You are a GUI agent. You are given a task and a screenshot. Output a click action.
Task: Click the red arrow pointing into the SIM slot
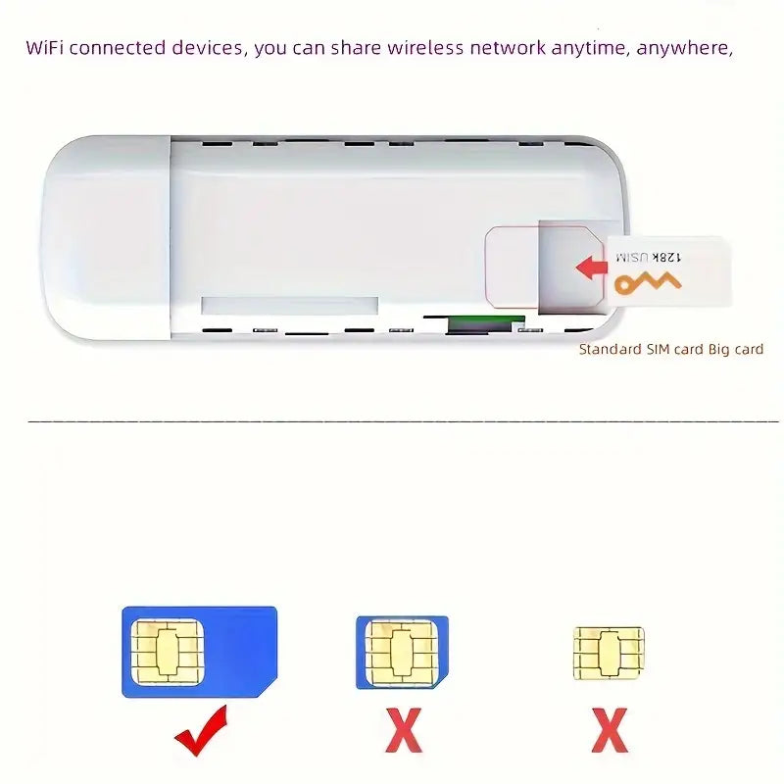click(x=593, y=268)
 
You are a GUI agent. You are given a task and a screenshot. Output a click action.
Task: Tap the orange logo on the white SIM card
click(x=648, y=283)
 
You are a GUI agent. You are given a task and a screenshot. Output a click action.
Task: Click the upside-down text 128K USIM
click(x=649, y=257)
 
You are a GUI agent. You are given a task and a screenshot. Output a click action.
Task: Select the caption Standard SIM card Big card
click(x=671, y=349)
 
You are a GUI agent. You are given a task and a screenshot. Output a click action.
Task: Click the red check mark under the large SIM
click(x=201, y=731)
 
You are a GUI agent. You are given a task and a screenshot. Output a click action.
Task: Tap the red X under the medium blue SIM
click(x=404, y=730)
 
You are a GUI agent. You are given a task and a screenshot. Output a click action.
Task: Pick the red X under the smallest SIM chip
click(x=610, y=730)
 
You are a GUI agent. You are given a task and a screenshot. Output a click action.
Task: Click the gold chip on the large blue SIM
click(x=168, y=652)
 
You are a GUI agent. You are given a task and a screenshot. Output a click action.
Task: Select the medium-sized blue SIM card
click(x=402, y=653)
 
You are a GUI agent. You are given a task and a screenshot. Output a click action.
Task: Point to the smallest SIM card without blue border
click(x=609, y=653)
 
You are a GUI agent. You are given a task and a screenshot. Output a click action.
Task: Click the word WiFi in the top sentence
click(x=44, y=48)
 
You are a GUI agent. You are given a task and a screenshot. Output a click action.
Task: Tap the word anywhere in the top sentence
click(x=684, y=48)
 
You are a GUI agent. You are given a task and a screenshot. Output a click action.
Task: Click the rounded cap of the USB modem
click(x=106, y=237)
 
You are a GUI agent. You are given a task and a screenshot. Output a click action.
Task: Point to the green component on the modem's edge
click(x=486, y=323)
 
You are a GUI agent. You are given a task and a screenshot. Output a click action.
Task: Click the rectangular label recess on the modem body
click(x=289, y=306)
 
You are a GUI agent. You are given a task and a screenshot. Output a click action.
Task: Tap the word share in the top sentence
click(x=356, y=48)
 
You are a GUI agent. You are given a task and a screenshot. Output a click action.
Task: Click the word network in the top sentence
click(x=508, y=48)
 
